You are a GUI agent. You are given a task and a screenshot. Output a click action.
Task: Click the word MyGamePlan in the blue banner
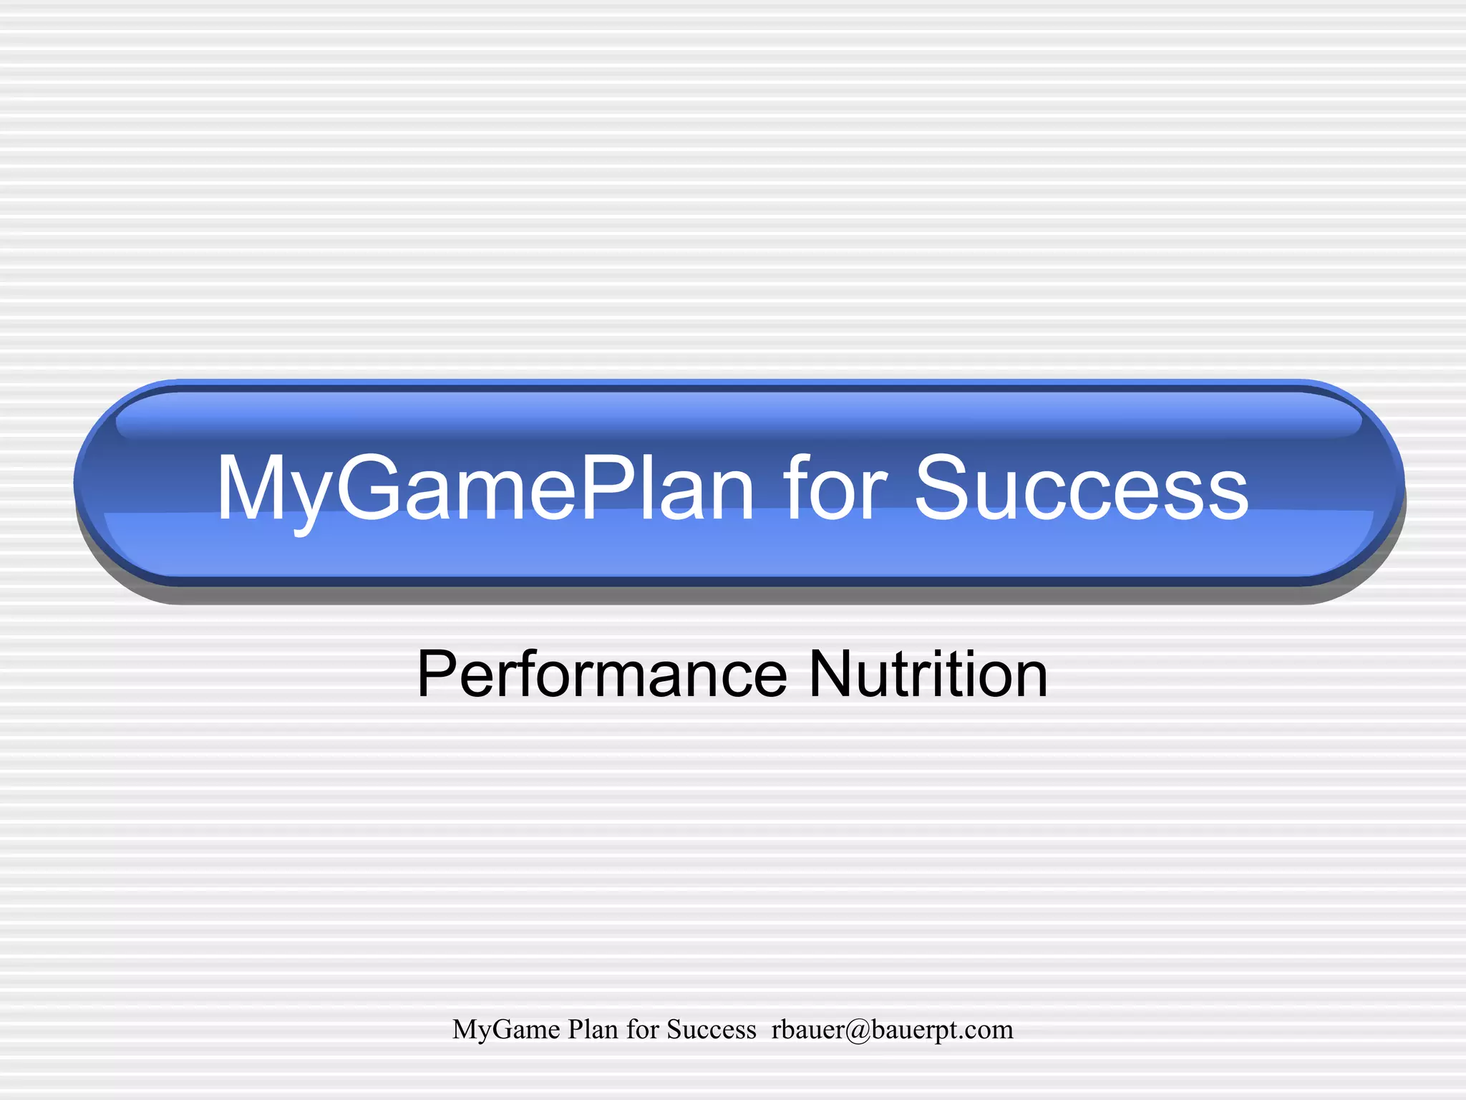point(485,488)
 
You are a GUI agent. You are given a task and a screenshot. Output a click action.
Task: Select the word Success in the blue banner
point(1081,488)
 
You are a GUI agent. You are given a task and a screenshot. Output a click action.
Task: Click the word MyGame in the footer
point(506,1030)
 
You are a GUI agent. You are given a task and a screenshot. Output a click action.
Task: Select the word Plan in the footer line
point(593,1029)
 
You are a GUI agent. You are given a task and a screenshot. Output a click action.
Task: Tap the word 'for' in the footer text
point(643,1029)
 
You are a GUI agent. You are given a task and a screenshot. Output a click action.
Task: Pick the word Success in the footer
point(712,1029)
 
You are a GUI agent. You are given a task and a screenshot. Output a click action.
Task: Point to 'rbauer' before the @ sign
point(807,1029)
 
